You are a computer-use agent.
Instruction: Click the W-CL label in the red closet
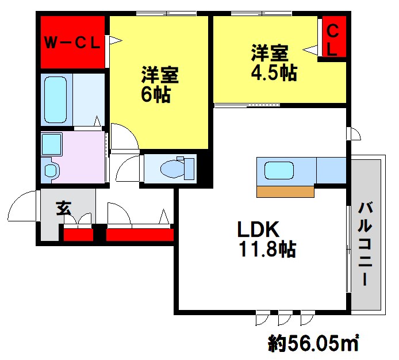(72, 43)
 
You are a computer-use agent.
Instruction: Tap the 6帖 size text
(156, 95)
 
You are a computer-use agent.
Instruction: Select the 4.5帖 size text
(274, 73)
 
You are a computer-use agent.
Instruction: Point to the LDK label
(258, 229)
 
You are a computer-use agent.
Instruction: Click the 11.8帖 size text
(267, 250)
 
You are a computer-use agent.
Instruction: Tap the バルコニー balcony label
(366, 244)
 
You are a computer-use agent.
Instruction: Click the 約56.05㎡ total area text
(313, 343)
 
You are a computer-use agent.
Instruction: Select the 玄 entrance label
(64, 208)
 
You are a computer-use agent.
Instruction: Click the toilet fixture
(177, 168)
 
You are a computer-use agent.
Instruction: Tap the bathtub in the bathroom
(55, 100)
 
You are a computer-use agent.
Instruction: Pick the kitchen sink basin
(279, 170)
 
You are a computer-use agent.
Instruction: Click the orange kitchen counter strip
(285, 192)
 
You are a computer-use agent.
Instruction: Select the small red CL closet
(334, 36)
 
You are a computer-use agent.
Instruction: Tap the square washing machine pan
(52, 144)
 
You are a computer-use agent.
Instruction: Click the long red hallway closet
(140, 235)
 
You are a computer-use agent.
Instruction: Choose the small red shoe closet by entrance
(78, 235)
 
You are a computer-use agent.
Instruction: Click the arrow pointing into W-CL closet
(114, 40)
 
